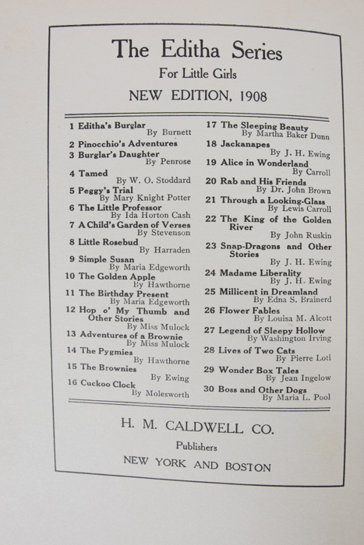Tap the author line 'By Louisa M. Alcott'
292,319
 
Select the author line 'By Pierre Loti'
299,360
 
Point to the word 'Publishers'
196,448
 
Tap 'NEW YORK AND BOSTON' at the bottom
197,468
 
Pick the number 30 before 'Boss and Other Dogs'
209,389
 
